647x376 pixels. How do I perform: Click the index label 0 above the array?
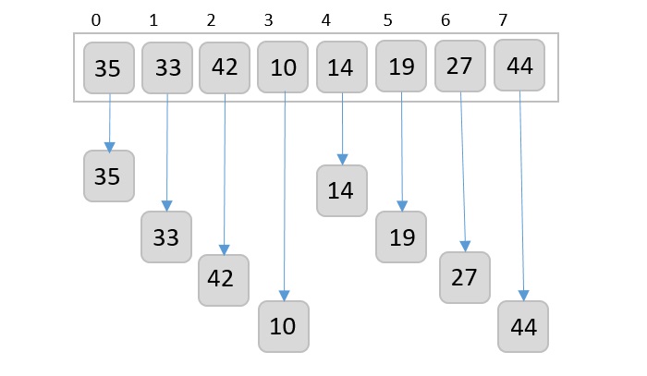coord(97,19)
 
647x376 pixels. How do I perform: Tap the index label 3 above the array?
coord(268,19)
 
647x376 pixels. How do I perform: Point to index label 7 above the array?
coord(503,19)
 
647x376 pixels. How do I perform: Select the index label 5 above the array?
coord(386,19)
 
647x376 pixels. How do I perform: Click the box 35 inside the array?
coord(108,67)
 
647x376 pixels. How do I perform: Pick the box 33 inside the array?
coord(166,67)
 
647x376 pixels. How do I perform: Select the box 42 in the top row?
coord(225,67)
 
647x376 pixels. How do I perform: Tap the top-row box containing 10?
coord(283,67)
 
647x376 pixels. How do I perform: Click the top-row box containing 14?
coord(341,67)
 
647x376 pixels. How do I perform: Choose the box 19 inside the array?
coord(400,67)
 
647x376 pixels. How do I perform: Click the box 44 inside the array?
coord(519,66)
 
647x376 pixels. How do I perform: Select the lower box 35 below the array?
coord(108,176)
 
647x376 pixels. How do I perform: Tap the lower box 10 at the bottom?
coord(283,326)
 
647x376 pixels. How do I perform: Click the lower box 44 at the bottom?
coord(523,326)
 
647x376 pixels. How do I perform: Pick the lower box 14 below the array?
coord(341,190)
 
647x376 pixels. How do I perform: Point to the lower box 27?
coord(464,277)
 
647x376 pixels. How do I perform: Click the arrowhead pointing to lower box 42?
coord(224,249)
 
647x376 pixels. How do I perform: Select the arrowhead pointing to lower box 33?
coord(166,205)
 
